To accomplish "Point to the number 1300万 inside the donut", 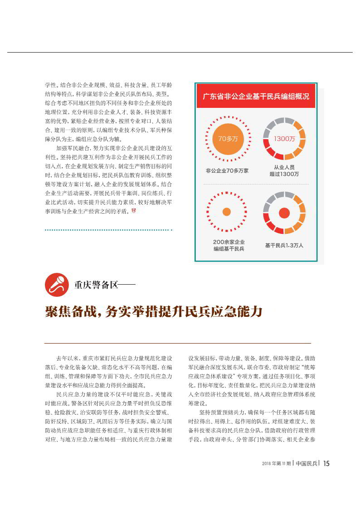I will (x=284, y=139).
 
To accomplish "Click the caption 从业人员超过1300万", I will (x=284, y=170).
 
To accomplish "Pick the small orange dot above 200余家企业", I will (x=227, y=212).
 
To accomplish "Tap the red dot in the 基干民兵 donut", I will (x=284, y=213).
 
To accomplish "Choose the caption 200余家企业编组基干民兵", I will (x=229, y=245).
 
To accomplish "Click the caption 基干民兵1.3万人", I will (x=284, y=245).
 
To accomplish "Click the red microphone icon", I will (x=57, y=285).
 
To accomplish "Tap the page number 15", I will (x=326, y=463).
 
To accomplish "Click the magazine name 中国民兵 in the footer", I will (x=306, y=463).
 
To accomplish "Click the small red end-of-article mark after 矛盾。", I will (x=133, y=211).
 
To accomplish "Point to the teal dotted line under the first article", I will (x=108, y=230).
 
